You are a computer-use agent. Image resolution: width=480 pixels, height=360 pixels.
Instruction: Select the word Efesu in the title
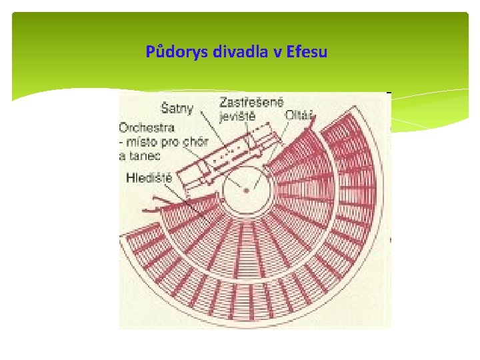(x=306, y=52)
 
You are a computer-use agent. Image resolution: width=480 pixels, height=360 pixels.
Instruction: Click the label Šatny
(x=177, y=107)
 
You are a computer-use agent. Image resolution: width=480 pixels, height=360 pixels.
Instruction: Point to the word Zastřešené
(x=252, y=102)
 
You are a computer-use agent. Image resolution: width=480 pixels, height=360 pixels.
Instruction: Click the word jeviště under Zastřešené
(x=238, y=115)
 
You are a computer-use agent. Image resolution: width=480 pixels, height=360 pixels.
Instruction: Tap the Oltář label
(x=298, y=115)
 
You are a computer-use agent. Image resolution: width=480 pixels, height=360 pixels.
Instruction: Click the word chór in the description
(x=195, y=141)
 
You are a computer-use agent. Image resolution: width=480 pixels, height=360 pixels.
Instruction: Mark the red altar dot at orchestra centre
(x=246, y=191)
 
